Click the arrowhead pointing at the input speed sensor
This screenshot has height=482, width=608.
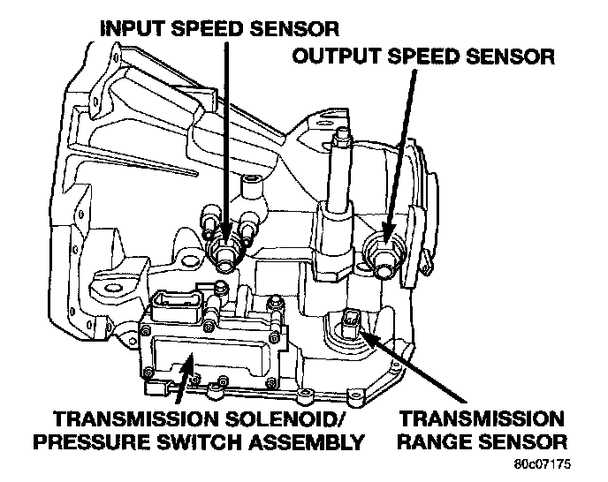[x=225, y=237]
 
